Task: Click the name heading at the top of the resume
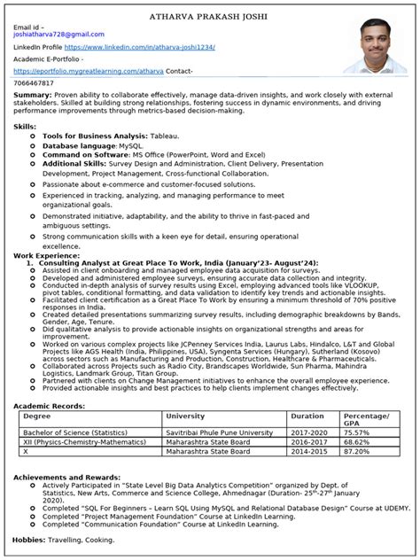tap(210, 16)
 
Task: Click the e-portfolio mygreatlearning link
tap(89, 70)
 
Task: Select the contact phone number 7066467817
tap(35, 82)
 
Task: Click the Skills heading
tap(25, 127)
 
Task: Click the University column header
tap(185, 391)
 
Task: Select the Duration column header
tap(307, 391)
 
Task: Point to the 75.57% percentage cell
tap(358, 408)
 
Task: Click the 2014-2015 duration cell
tap(308, 426)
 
